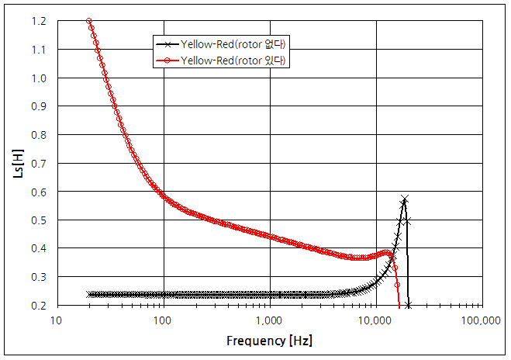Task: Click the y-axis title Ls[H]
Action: (x=19, y=162)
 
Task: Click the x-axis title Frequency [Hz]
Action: (x=270, y=341)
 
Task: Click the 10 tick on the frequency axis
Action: (x=57, y=319)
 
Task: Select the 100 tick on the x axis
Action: (x=164, y=319)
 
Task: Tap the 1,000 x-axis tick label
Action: (x=270, y=319)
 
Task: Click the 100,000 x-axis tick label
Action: (x=481, y=319)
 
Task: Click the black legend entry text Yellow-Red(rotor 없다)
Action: (x=234, y=43)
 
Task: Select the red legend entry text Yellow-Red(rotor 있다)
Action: (x=234, y=61)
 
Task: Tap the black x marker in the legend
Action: (x=167, y=43)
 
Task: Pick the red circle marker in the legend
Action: (x=167, y=61)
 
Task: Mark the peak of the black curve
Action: (x=404, y=199)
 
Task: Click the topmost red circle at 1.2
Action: (x=89, y=21)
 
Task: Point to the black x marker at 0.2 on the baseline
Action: (x=408, y=305)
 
